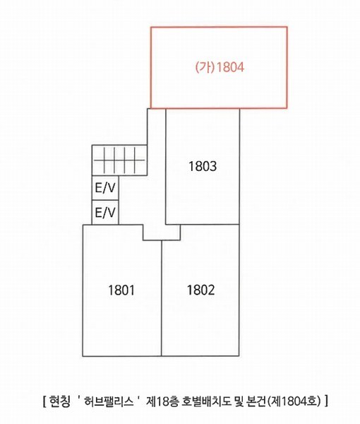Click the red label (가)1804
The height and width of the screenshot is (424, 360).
(220, 67)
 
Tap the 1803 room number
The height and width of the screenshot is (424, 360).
(203, 166)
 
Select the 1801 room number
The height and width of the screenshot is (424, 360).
(121, 290)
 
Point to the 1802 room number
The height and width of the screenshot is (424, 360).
(201, 290)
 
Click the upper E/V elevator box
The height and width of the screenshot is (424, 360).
(105, 188)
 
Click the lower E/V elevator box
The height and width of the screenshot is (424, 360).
(105, 213)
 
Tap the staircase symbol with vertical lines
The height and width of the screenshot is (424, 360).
(119, 160)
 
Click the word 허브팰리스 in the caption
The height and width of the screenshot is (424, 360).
(109, 401)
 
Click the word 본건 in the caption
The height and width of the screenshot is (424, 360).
(256, 401)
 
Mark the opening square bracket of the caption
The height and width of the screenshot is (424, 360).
(44, 401)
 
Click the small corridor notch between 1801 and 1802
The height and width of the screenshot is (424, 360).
(162, 232)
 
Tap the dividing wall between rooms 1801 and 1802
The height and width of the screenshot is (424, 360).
(162, 298)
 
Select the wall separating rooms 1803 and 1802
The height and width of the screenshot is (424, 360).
(203, 225)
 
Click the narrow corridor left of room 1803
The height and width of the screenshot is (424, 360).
(157, 166)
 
